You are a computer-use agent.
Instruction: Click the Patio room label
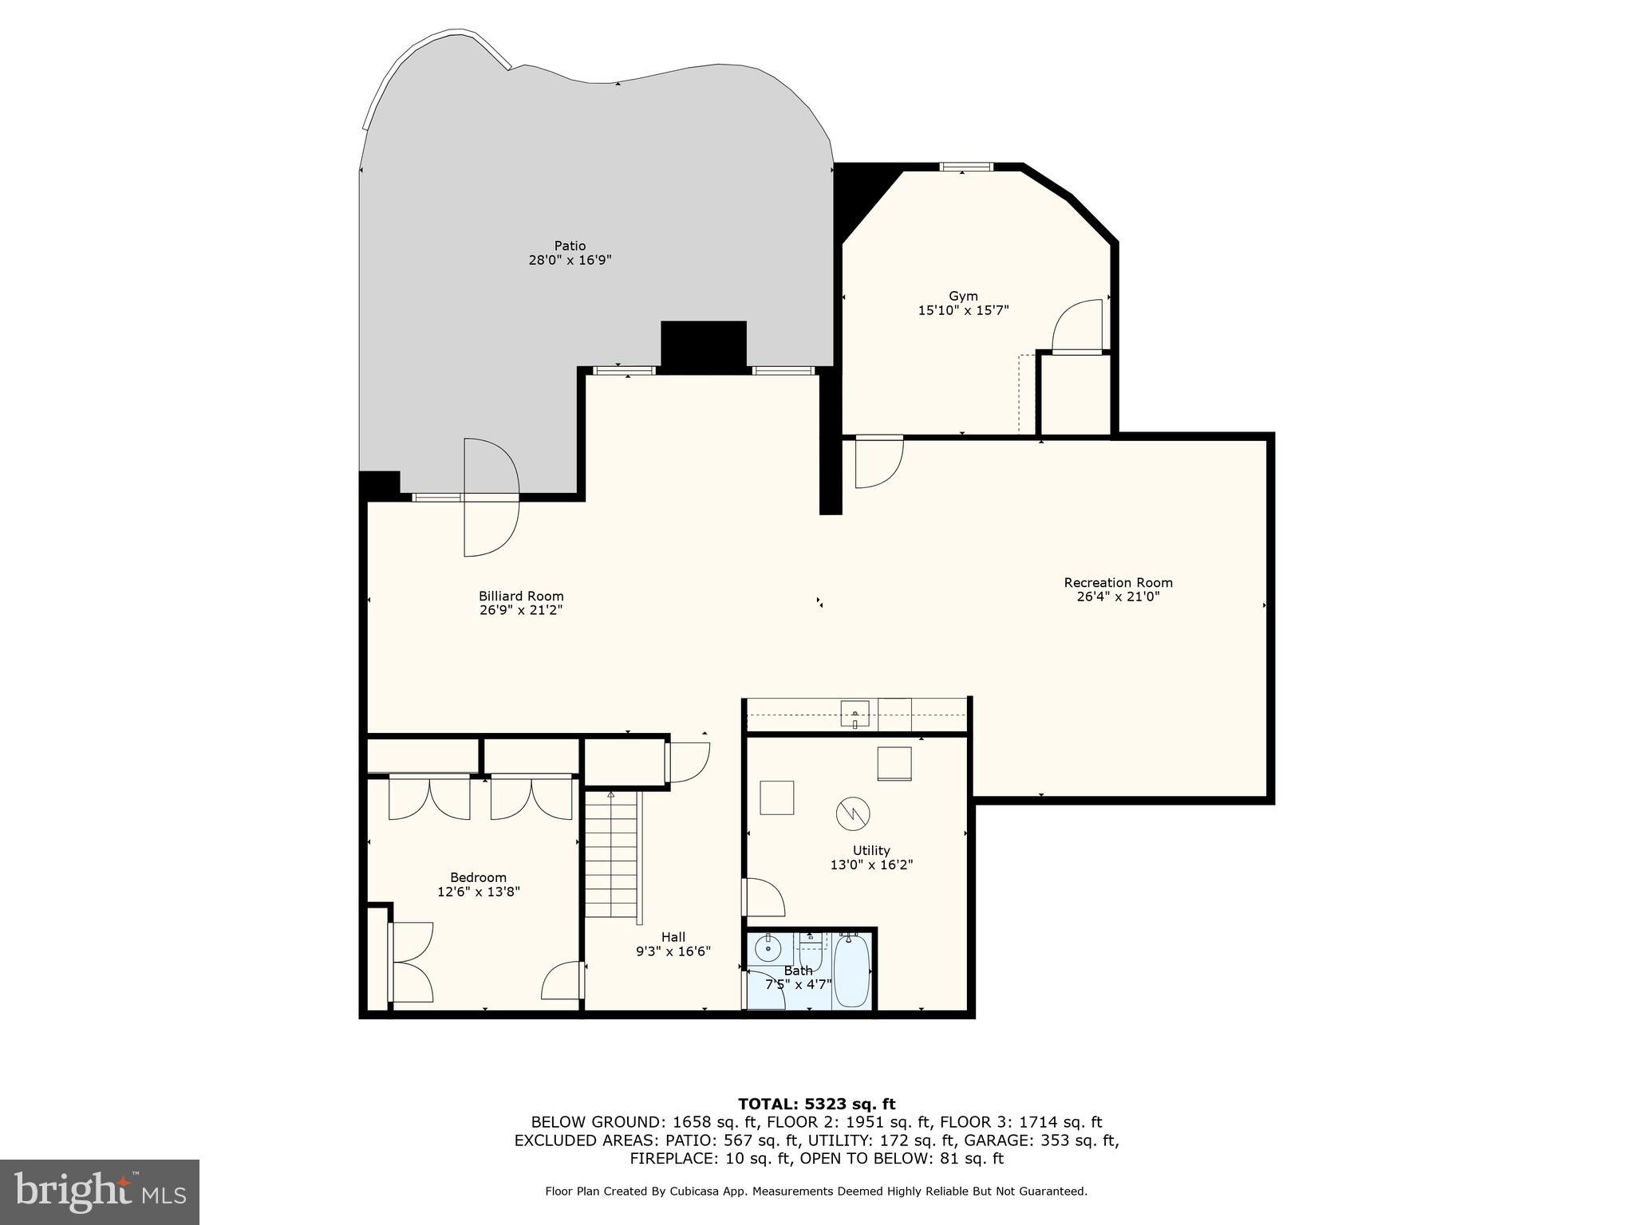(570, 246)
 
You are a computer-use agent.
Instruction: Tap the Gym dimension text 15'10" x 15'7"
(963, 310)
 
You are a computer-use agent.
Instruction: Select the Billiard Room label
(521, 596)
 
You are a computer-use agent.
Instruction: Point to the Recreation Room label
(1118, 582)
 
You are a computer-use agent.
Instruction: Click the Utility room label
(870, 850)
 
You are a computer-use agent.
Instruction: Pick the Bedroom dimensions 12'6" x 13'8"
(479, 892)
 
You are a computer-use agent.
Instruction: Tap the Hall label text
(673, 937)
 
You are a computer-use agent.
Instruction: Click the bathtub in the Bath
(851, 971)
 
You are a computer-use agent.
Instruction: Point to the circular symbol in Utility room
(853, 813)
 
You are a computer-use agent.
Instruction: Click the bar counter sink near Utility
(854, 713)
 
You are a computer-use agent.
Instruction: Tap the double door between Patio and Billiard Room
(491, 497)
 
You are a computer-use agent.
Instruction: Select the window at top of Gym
(966, 167)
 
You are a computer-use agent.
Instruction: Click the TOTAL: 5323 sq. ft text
(816, 1105)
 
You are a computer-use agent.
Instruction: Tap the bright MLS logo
(100, 1192)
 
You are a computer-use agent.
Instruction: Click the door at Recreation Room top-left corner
(878, 462)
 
